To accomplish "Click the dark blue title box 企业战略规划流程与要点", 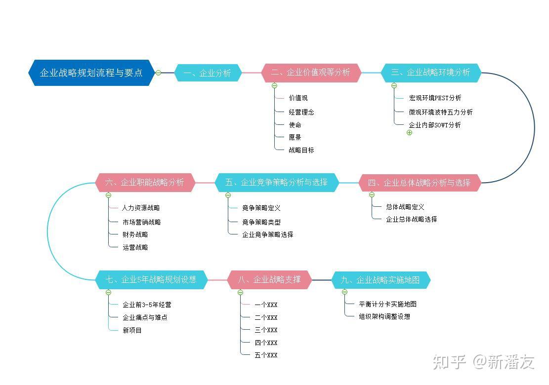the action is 91,73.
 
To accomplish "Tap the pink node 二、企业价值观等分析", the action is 311,73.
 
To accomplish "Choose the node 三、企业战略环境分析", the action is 431,73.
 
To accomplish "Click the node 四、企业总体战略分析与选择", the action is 420,183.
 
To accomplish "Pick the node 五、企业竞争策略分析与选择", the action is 277,183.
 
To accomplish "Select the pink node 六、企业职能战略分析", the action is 145,183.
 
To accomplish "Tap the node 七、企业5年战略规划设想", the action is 151,280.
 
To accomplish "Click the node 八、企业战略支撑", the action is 269,280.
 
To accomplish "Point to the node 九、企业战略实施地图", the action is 381,280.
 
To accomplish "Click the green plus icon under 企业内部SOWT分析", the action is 409,133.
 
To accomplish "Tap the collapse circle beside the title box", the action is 158,73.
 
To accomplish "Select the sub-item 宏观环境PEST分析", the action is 435,98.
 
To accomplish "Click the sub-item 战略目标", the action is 301,150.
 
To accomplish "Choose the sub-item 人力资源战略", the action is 141,208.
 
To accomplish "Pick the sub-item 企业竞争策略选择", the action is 267,234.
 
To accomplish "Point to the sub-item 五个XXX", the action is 266,355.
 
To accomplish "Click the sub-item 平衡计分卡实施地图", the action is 387,304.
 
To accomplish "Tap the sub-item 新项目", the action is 132,330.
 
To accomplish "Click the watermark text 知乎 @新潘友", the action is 484,362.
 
